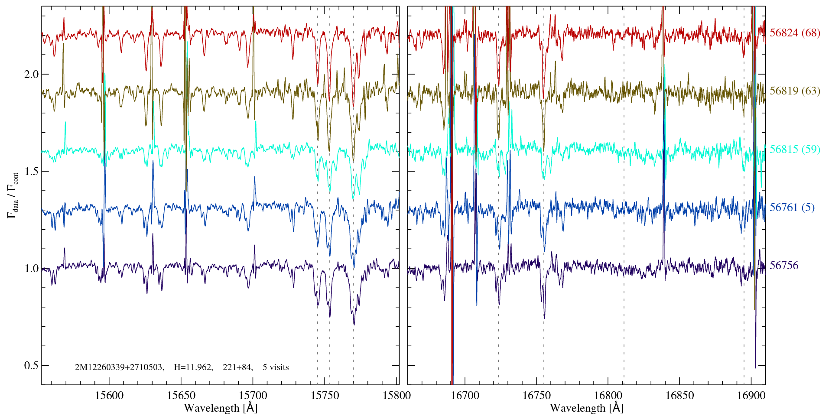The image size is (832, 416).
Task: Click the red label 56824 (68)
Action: (795, 33)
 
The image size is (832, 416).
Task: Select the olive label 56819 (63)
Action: (795, 91)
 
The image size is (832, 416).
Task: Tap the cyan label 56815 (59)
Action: (795, 149)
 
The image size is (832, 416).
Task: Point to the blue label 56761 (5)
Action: (792, 208)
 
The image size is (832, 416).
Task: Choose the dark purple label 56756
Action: (784, 266)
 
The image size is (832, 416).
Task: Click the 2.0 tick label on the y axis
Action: (31, 74)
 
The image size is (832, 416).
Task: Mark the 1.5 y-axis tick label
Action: (31, 171)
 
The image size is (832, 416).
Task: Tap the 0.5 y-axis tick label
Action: (31, 365)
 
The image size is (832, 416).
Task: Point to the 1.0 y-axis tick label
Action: (31, 268)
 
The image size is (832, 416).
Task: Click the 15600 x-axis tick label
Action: (109, 396)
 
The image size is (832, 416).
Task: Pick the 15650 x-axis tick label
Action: (181, 396)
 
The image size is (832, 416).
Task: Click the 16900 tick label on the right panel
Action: (751, 396)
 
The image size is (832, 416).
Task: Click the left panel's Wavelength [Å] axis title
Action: (221, 408)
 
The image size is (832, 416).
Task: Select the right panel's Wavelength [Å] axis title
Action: (586, 408)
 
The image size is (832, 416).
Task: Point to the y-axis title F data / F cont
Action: (13, 195)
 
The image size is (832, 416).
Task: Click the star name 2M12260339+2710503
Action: (119, 367)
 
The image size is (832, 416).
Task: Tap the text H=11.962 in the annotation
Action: (193, 367)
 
